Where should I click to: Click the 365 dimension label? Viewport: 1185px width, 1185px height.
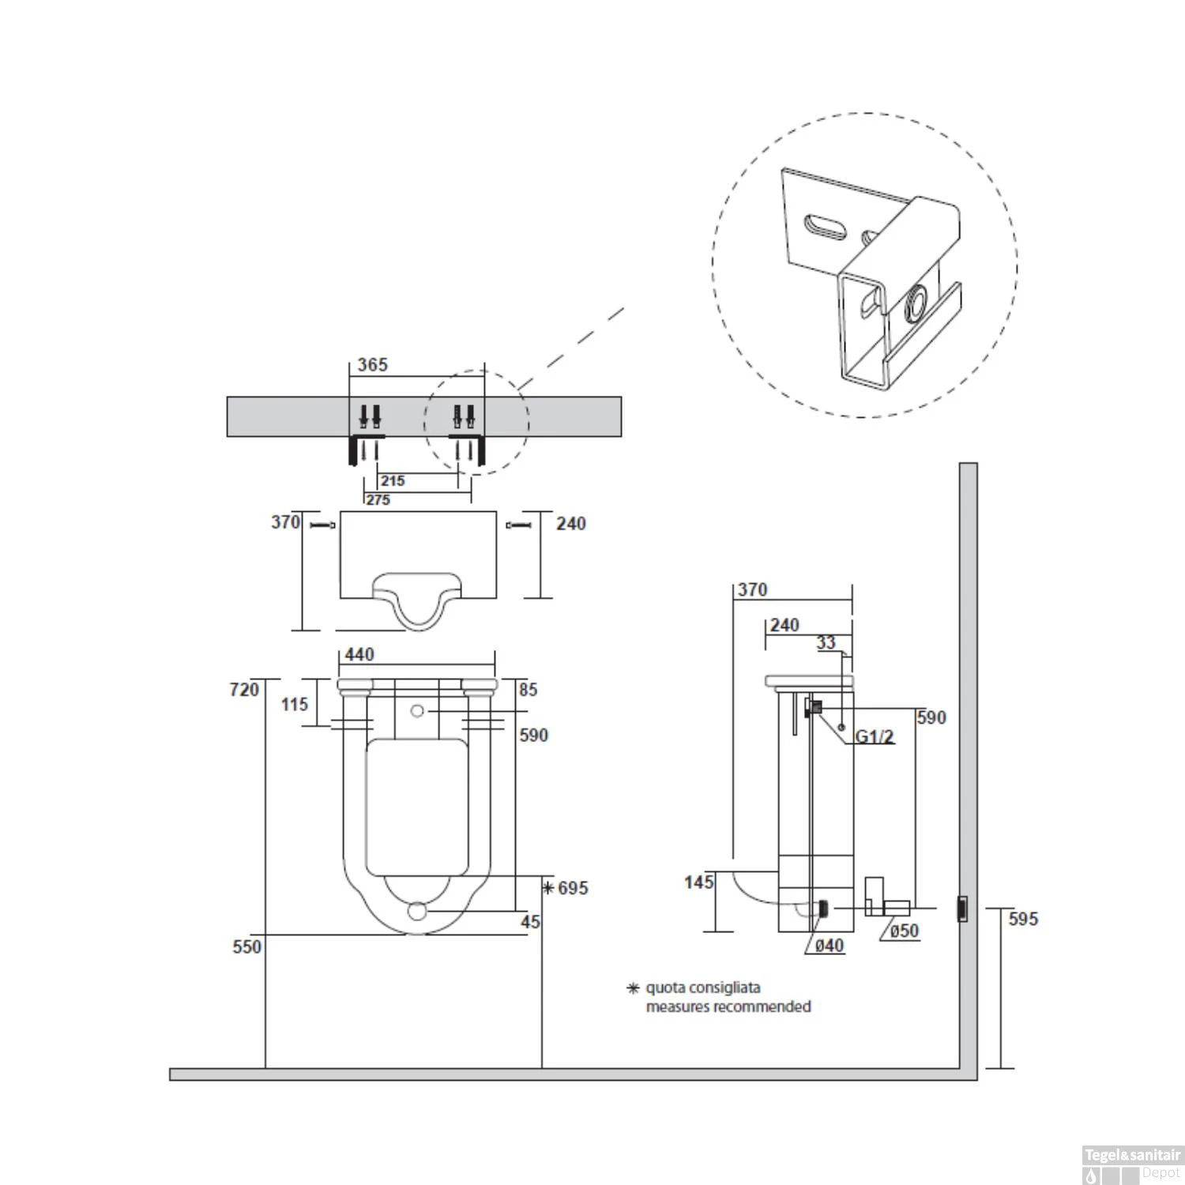tap(372, 365)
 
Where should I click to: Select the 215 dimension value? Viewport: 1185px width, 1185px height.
tap(393, 480)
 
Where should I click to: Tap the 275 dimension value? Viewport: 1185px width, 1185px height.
tap(378, 500)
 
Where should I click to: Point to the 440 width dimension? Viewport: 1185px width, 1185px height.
tap(359, 654)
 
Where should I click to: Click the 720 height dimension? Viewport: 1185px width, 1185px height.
tap(244, 690)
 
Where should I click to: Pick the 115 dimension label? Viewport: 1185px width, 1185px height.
tap(295, 704)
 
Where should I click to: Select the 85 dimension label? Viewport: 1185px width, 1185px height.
tap(528, 690)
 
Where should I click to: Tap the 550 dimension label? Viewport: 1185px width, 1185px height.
tap(246, 946)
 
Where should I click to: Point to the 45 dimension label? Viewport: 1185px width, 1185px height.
tap(530, 921)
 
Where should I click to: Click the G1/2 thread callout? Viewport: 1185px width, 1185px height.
tap(875, 737)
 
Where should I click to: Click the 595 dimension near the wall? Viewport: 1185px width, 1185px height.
tap(1023, 919)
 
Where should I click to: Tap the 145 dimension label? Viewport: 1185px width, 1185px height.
tap(699, 882)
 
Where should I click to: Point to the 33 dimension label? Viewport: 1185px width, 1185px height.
tap(826, 643)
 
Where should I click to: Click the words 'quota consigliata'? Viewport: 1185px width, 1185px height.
tap(703, 987)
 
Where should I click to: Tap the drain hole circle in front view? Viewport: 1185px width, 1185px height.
tap(417, 911)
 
